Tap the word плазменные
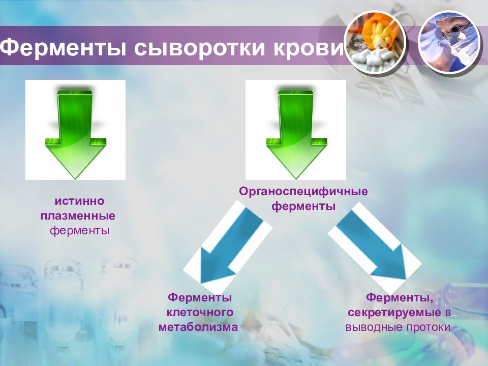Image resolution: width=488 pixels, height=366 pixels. (78, 216)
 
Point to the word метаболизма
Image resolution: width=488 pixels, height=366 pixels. (198, 326)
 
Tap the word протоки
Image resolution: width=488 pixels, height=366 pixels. (429, 326)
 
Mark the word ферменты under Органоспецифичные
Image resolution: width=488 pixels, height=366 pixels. (303, 207)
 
